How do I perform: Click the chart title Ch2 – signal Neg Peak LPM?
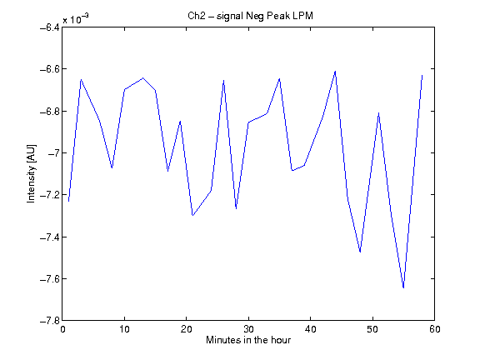250,16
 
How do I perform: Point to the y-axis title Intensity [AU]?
31,173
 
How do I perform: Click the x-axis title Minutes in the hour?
248,340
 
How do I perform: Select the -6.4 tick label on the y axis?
50,27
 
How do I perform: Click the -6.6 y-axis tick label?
50,69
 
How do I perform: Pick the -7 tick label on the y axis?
53,153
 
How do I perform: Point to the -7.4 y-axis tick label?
50,237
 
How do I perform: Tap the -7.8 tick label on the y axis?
50,321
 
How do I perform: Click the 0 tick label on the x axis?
62,329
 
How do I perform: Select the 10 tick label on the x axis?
125,329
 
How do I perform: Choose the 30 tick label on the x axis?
248,329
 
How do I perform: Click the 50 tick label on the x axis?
372,329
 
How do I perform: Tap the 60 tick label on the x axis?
435,329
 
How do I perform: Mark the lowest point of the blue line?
403,287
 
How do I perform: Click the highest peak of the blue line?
336,71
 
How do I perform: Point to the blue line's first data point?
69,201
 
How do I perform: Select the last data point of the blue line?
422,75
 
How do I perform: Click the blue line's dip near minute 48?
360,252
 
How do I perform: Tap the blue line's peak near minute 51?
378,113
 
